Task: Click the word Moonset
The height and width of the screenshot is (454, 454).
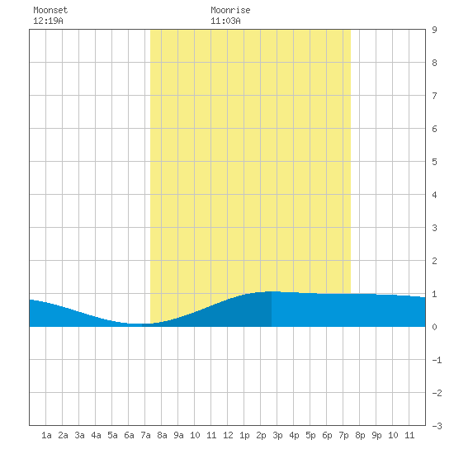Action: coord(50,10)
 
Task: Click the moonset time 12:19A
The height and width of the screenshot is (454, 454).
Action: coord(48,21)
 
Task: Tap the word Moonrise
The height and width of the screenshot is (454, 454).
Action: coord(230,10)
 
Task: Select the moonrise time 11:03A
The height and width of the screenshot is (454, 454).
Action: coord(225,21)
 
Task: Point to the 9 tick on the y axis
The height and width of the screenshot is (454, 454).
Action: coord(434,30)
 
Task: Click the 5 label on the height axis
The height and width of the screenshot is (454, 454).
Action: coord(434,162)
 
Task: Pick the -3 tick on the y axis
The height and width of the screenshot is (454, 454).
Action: coord(437,426)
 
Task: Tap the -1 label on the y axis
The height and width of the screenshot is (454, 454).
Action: coord(437,360)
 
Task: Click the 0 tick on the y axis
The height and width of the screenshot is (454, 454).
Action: coord(434,327)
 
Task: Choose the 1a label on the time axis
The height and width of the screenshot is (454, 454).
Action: coord(46,435)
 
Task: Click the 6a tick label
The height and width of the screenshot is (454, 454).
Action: coord(129,435)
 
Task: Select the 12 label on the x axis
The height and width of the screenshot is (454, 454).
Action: coord(228,435)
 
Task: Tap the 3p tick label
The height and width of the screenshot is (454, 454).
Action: coord(277,435)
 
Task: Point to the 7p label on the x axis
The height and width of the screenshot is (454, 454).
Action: coord(343,435)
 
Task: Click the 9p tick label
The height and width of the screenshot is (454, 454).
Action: coord(376,435)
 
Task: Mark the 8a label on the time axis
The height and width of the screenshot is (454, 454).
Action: coord(162,435)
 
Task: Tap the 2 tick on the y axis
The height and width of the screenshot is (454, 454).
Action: coord(434,261)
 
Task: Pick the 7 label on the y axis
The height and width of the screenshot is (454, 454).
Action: coord(434,96)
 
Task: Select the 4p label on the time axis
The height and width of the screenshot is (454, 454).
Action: coord(294,435)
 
